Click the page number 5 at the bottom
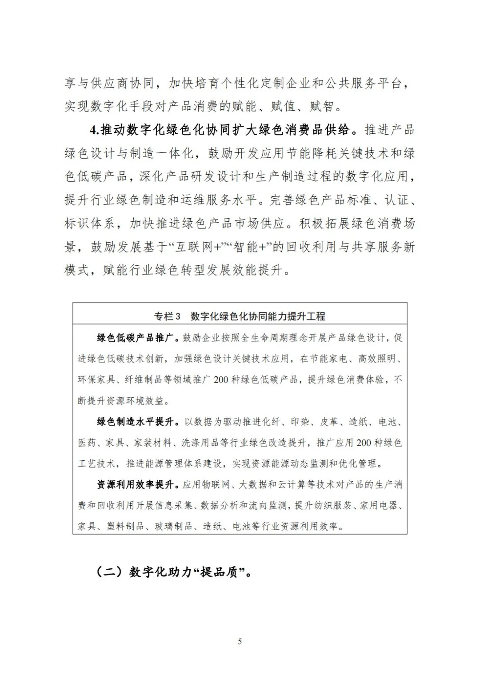coord(240,641)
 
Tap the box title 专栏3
coord(167,316)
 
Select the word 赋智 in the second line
coord(321,107)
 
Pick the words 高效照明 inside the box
coord(378,359)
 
